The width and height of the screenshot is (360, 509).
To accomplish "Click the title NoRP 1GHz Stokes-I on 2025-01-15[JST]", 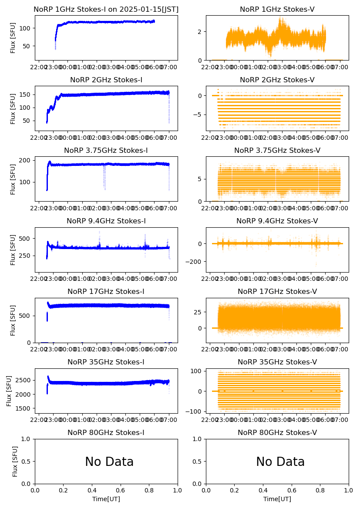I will pyautogui.click(x=106, y=9).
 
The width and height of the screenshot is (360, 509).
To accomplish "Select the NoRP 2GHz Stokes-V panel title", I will pyautogui.click(x=277, y=80).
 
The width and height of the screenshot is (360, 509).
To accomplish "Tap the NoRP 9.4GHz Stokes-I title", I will pyautogui.click(x=106, y=221).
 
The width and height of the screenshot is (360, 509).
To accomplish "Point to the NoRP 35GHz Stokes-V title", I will pyautogui.click(x=277, y=362).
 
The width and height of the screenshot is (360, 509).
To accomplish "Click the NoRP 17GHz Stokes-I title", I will pyautogui.click(x=106, y=291).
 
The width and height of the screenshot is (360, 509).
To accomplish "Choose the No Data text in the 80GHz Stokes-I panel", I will pyautogui.click(x=109, y=462).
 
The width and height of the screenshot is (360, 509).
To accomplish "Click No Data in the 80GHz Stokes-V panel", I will pyautogui.click(x=280, y=462).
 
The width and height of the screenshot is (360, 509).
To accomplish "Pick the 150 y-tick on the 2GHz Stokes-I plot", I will pyautogui.click(x=27, y=94).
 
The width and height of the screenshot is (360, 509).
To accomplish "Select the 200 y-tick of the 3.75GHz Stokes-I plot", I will pyautogui.click(x=27, y=160).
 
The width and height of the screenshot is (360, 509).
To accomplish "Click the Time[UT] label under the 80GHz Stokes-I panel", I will pyautogui.click(x=106, y=499).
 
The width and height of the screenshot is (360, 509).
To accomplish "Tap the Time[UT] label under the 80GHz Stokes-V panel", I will pyautogui.click(x=277, y=499).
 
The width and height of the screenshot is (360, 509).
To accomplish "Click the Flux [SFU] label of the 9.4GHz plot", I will pyautogui.click(x=13, y=250).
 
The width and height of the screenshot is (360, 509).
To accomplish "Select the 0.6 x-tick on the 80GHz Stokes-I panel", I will pyautogui.click(x=121, y=490).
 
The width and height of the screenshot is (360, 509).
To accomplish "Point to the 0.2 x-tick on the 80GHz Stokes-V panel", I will pyautogui.click(x=235, y=490).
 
